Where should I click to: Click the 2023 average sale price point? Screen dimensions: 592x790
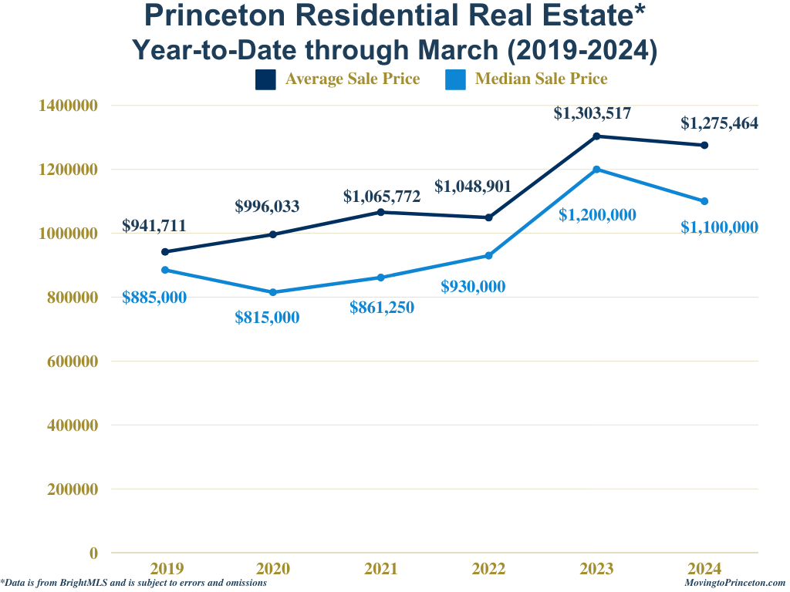(x=596, y=136)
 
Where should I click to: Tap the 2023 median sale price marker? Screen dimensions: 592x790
(x=596, y=170)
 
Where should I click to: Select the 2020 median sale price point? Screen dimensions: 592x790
(x=273, y=292)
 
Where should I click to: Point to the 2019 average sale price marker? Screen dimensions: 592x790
(x=165, y=251)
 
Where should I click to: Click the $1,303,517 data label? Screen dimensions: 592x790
(x=592, y=113)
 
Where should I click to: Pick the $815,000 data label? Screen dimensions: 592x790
(x=267, y=317)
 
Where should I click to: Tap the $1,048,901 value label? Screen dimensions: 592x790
(x=473, y=186)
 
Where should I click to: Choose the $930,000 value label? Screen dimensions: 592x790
(x=473, y=286)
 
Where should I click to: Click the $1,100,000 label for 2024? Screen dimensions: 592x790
(x=719, y=227)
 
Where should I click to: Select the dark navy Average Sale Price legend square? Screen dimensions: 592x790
(x=265, y=79)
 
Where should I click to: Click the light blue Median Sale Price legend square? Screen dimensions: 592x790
(x=456, y=79)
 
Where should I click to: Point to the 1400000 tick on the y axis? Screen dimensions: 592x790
(x=68, y=105)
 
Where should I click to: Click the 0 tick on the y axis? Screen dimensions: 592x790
(x=93, y=553)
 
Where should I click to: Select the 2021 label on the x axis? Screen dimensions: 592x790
(x=381, y=569)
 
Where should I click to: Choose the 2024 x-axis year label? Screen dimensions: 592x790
(x=704, y=569)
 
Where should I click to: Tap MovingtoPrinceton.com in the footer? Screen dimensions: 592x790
(x=734, y=584)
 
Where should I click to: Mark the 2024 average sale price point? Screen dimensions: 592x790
(x=704, y=145)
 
